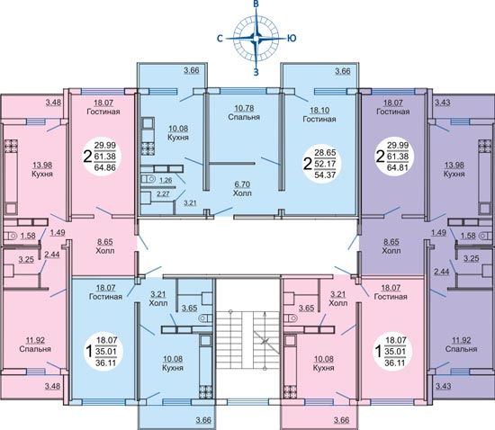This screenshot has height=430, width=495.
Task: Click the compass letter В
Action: pos(256,4)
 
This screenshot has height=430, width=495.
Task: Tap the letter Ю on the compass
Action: pos(292,38)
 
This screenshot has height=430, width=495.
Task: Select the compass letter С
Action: pos(220,38)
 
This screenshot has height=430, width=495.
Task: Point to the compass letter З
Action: pos(256,72)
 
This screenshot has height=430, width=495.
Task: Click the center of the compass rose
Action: pos(256,38)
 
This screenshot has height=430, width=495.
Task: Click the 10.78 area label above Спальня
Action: pos(244,108)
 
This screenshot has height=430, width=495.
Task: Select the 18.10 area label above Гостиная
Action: pos(320,110)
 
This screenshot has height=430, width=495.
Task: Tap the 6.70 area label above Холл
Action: pos(241,184)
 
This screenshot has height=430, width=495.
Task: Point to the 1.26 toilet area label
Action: pos(166,181)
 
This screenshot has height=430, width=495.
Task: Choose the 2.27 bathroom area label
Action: pos(163,193)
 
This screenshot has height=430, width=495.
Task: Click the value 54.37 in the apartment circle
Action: pos(325,175)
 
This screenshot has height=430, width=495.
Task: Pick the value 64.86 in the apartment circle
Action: pos(105,167)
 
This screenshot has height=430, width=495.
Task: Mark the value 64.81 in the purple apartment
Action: pos(398,167)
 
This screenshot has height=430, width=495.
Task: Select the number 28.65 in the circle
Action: pos(325,152)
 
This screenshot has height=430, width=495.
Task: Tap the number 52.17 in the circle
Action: pos(325,164)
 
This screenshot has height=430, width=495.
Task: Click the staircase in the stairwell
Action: pos(248,342)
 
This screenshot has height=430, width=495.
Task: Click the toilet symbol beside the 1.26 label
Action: pos(149,179)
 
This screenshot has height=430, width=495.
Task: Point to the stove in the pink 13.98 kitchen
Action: pos(12,146)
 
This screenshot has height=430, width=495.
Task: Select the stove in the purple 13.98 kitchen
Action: pos(484,146)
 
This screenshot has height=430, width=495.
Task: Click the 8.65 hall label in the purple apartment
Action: pos(391,242)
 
